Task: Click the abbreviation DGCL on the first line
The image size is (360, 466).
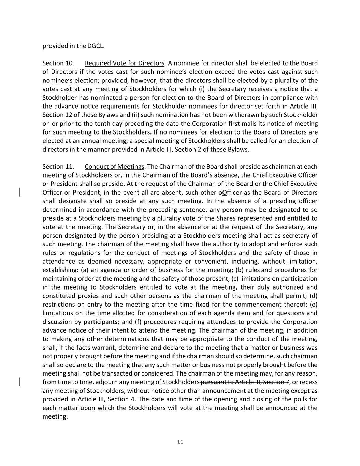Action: (x=96, y=46)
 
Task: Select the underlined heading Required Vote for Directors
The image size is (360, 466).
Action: (x=125, y=63)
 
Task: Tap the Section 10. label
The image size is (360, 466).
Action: (x=58, y=63)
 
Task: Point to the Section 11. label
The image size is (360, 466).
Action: (x=58, y=167)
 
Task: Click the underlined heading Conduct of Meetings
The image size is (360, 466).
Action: (x=115, y=167)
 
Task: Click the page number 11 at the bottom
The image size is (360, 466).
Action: (x=180, y=442)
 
